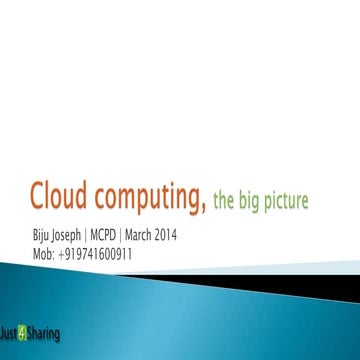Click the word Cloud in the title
point(58,197)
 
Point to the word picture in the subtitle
point(288,202)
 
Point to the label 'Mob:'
point(45,254)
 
